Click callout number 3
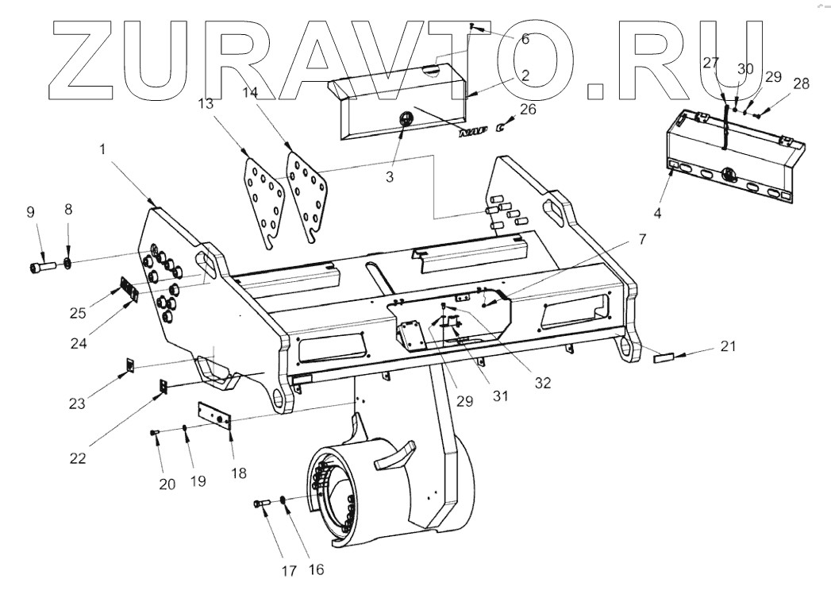[x=390, y=176]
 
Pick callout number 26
[x=528, y=109]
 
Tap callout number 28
[x=801, y=83]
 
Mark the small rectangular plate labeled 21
[x=663, y=359]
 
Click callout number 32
[x=542, y=381]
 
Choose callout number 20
[x=167, y=484]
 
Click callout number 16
[x=317, y=569]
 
